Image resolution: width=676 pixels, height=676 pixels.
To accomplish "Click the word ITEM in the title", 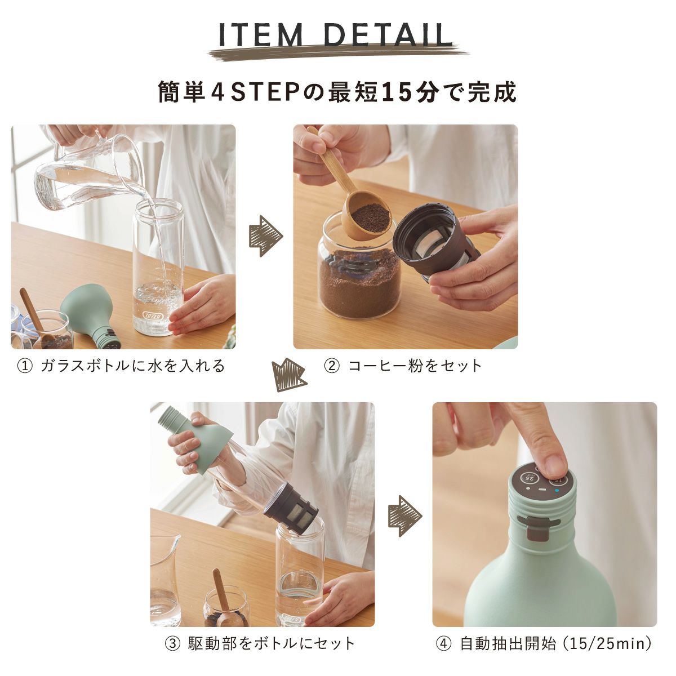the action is pos(261,35).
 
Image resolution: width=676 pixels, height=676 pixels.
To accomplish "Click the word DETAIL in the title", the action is pos(389,35).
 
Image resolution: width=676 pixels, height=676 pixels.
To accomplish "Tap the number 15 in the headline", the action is pos(395,92).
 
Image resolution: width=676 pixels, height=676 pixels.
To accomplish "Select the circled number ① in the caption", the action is pos(25,366).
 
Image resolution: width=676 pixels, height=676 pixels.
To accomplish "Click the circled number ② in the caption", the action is pos(332,366).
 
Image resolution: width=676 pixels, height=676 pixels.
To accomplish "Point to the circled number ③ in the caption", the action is pos(172,644).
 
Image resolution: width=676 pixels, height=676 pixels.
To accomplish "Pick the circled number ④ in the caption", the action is pos(444,644).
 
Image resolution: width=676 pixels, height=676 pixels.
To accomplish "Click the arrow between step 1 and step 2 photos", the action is pos(265,235).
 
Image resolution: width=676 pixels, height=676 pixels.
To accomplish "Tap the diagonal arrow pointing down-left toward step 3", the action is pos(289,375).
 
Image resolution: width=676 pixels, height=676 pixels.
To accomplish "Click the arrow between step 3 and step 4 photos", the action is pos(405,515).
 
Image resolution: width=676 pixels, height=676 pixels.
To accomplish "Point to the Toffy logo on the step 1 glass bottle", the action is pos(152,315).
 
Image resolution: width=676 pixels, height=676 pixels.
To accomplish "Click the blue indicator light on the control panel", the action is pos(557,491).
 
